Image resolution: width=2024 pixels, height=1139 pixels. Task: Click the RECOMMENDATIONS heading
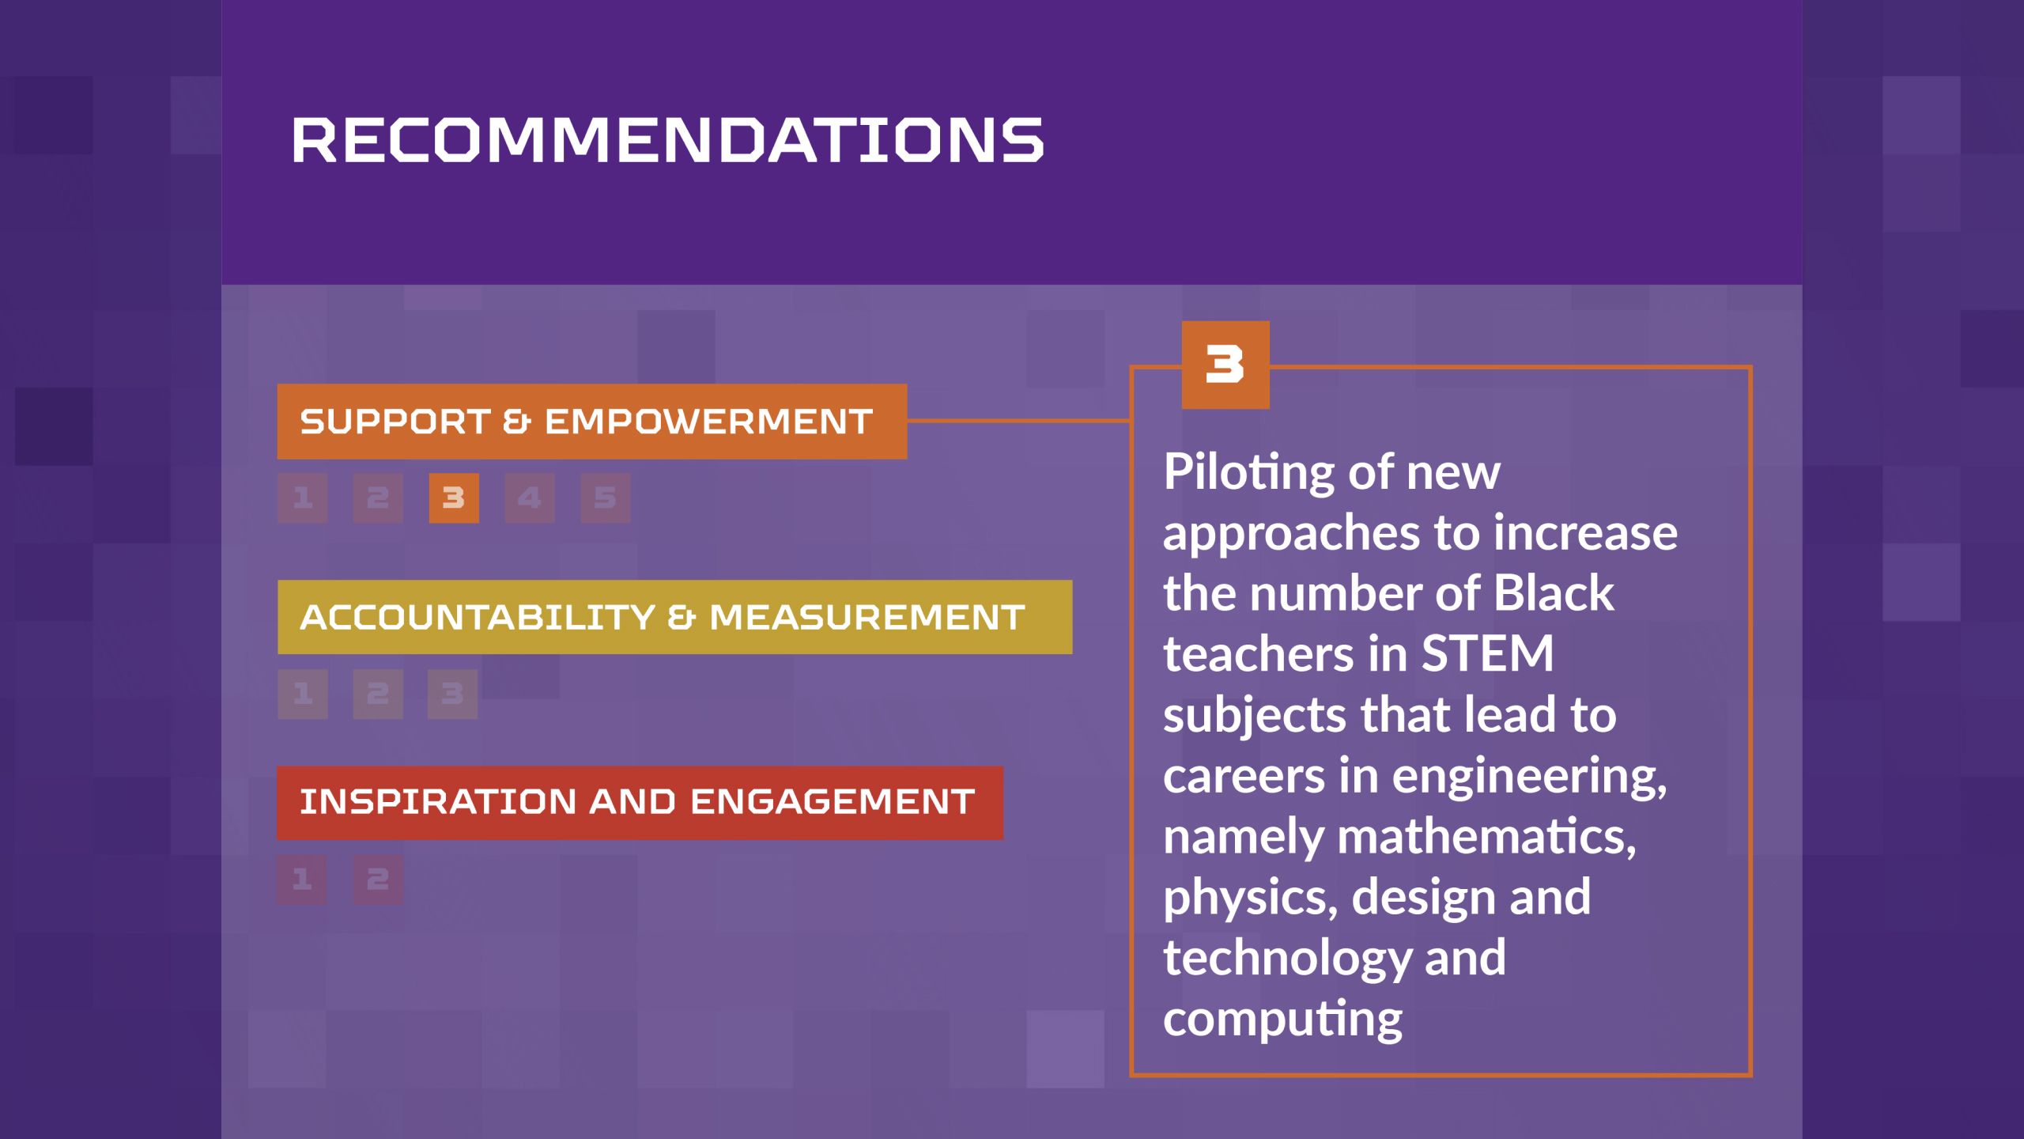[668, 140]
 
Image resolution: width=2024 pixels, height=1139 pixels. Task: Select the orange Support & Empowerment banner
[592, 422]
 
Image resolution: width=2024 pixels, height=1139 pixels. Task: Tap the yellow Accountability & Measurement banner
[675, 617]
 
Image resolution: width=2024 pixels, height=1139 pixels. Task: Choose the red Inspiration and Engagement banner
[640, 803]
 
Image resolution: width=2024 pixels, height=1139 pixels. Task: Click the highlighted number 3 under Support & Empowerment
[454, 498]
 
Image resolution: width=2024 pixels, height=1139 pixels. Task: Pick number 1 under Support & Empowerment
[302, 498]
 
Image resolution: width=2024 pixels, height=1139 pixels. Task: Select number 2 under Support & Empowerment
[378, 498]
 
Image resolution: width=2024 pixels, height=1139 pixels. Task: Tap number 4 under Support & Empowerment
[530, 498]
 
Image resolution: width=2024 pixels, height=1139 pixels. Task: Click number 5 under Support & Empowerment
[606, 498]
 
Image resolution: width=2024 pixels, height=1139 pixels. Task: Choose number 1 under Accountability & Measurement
[302, 694]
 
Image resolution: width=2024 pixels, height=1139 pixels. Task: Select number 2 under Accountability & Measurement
[378, 694]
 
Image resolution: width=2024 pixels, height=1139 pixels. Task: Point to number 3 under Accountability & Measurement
[453, 694]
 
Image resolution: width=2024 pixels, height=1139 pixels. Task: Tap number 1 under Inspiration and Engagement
[302, 879]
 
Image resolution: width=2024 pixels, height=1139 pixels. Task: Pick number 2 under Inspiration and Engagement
[378, 879]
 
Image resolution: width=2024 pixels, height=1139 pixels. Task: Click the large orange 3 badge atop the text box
[1225, 365]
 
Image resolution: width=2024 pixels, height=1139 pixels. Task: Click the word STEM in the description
[1487, 654]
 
